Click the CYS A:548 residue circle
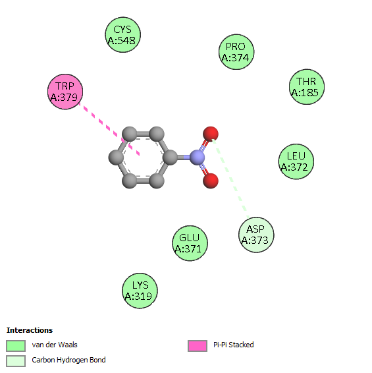pos(123,35)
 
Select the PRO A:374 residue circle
pos(236,52)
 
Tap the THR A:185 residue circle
pos(307,87)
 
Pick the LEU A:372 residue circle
pos(296,161)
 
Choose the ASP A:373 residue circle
pos(256,235)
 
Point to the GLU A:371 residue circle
pos(190,243)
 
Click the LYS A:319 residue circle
pos(140,291)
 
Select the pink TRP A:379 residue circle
pos(65,92)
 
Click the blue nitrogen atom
pos(197,158)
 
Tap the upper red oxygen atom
pos(211,134)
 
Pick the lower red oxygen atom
pos(211,181)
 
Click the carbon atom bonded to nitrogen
pos(170,158)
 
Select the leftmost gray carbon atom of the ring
pos(116,158)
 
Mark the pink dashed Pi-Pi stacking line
pos(109,129)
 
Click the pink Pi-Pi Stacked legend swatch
pos(198,345)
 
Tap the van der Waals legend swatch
pos(16,345)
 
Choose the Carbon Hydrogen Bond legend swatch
pos(16,361)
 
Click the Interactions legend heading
pos(30,330)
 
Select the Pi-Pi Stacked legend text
pos(234,345)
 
